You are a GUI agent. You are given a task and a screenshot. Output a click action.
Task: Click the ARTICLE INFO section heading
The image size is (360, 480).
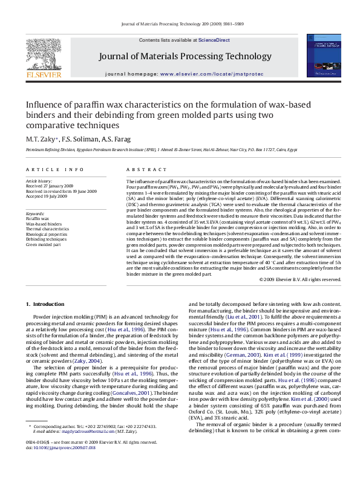pyautogui.click(x=45, y=169)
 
